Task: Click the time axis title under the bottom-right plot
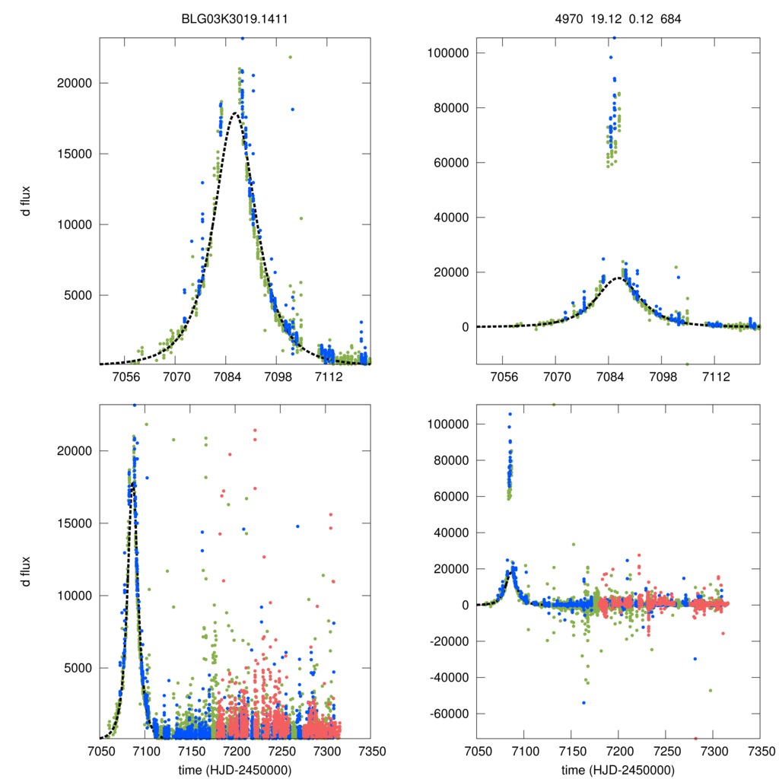(x=618, y=770)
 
